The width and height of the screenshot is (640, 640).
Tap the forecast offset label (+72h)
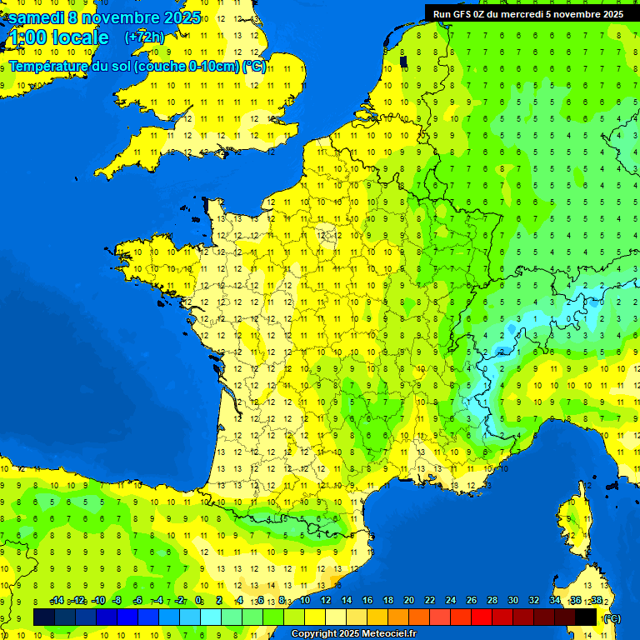pos(144,37)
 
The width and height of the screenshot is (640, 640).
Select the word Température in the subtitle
pos(49,67)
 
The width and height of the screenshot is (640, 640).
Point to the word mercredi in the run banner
pos(522,13)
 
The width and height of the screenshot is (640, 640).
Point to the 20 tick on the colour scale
pos(408,600)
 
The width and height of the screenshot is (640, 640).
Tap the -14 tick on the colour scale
pos(57,600)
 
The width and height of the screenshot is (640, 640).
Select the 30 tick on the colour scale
pos(512,600)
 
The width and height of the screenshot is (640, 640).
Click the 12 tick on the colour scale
pos(325,600)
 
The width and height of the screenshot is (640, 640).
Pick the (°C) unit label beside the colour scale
pos(612,617)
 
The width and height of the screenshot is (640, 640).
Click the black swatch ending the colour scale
pos(586,617)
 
